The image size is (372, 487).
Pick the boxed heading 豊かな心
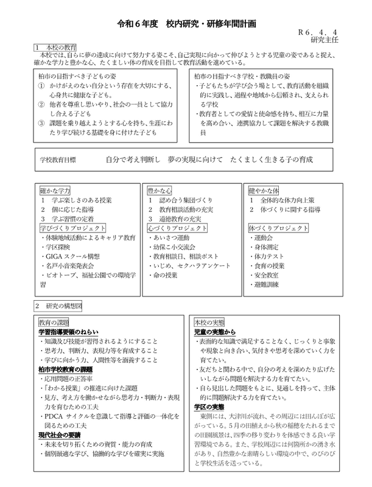(159, 190)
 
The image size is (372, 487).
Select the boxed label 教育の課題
(55, 321)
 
